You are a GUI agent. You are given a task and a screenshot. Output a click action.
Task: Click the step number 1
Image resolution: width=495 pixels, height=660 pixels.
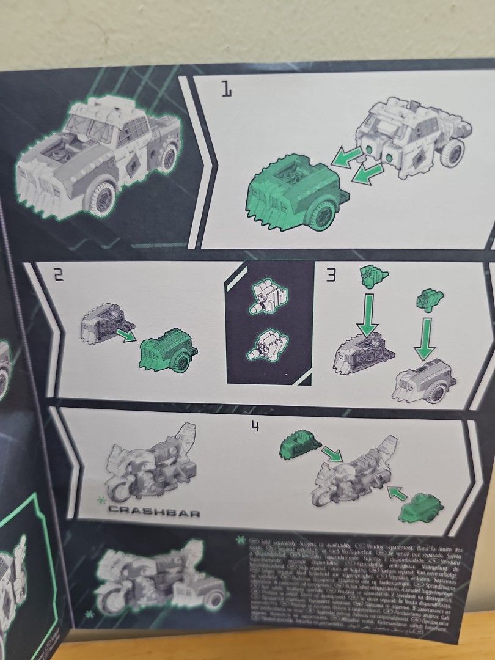(226, 92)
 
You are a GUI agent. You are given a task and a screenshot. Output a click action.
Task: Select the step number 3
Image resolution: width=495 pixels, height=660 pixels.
(331, 276)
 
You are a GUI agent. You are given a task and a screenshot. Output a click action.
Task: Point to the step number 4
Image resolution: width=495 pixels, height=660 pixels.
(255, 425)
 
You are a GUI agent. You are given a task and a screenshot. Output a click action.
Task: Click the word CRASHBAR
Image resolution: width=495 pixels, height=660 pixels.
(153, 513)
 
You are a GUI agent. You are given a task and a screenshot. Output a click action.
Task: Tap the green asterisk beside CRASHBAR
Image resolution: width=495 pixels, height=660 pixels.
(100, 501)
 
